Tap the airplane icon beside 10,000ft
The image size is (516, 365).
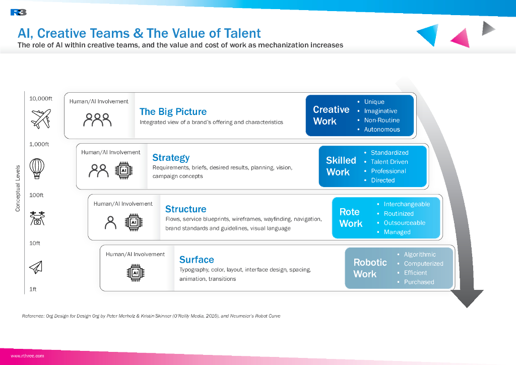coord(41,119)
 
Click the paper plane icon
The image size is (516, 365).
coord(36,267)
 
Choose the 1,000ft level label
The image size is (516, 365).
coord(39,144)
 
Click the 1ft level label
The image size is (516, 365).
coord(33,289)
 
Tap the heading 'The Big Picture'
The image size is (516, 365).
coord(173,111)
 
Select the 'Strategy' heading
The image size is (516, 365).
coord(171,157)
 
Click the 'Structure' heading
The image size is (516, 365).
coord(185,209)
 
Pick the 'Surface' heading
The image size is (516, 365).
coord(197,260)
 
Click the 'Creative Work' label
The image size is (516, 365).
coord(331,115)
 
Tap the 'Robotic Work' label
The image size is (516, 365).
coord(370,268)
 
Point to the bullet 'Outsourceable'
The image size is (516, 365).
coord(404,223)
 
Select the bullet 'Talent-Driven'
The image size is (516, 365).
coord(389,162)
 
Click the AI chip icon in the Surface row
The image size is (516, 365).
coord(135,273)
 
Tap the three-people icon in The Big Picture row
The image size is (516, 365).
coord(97,119)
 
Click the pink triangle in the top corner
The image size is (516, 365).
coord(460,38)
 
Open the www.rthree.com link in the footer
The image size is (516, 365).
coord(27,356)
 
